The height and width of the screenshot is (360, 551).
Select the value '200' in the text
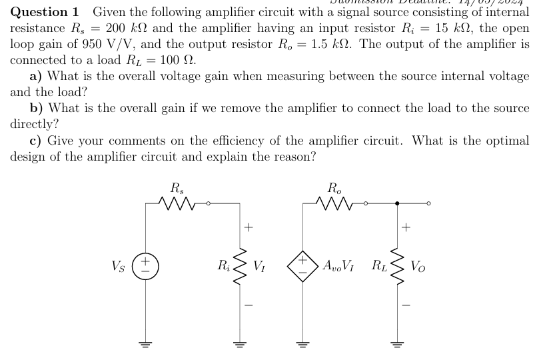point(115,28)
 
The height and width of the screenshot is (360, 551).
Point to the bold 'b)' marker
point(37,108)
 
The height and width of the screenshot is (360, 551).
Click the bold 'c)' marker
point(37,141)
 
